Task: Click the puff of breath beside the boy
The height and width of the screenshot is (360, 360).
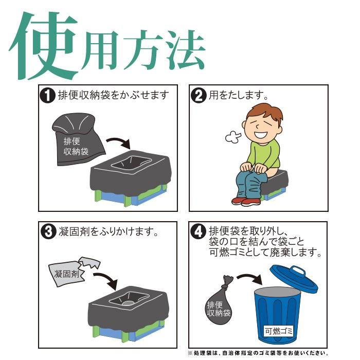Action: pyautogui.click(x=233, y=137)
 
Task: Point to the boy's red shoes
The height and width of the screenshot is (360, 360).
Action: pyautogui.click(x=246, y=200)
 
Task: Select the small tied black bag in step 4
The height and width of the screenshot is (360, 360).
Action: pyautogui.click(x=219, y=303)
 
